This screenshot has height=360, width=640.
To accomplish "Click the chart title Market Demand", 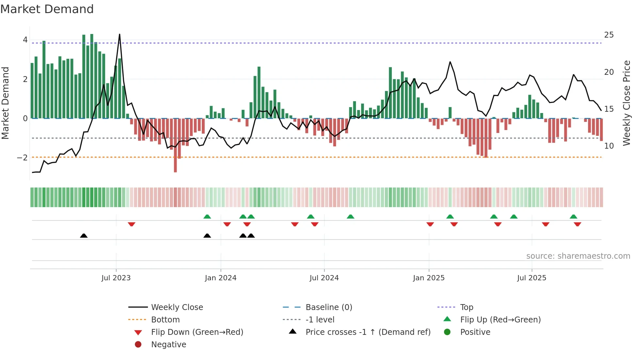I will pos(47,9).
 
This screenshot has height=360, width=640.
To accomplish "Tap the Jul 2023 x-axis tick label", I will pos(116,278).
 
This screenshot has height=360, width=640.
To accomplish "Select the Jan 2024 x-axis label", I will pos(220,278).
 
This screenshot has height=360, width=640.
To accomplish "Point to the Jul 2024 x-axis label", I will pos(324,278).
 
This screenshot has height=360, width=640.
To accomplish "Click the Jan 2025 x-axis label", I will pos(428,278).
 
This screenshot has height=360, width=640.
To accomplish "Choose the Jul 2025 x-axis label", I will pos(532,278).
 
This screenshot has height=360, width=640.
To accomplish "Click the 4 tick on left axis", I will pos(25,40).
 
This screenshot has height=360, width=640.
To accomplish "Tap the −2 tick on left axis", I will pos(22,158).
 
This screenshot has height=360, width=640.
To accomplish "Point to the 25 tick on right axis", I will pos(609,35).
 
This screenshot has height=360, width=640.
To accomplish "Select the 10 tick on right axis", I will pos(609,146).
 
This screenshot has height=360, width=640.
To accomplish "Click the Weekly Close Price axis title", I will pos(626,103).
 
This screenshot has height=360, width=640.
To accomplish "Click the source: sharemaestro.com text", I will pos(578,256).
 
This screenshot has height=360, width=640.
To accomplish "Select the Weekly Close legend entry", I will pos(177,307).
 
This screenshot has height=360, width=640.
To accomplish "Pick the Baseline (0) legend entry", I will pos(328,307).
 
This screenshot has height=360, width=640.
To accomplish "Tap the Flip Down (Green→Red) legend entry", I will pos(197,332).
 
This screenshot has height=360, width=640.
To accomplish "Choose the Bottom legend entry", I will pos(165,320).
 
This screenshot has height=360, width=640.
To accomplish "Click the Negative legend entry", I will pos(168,345).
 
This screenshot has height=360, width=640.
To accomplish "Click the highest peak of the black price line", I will pos(120,35).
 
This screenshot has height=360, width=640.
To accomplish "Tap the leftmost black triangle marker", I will pos(84,236).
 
